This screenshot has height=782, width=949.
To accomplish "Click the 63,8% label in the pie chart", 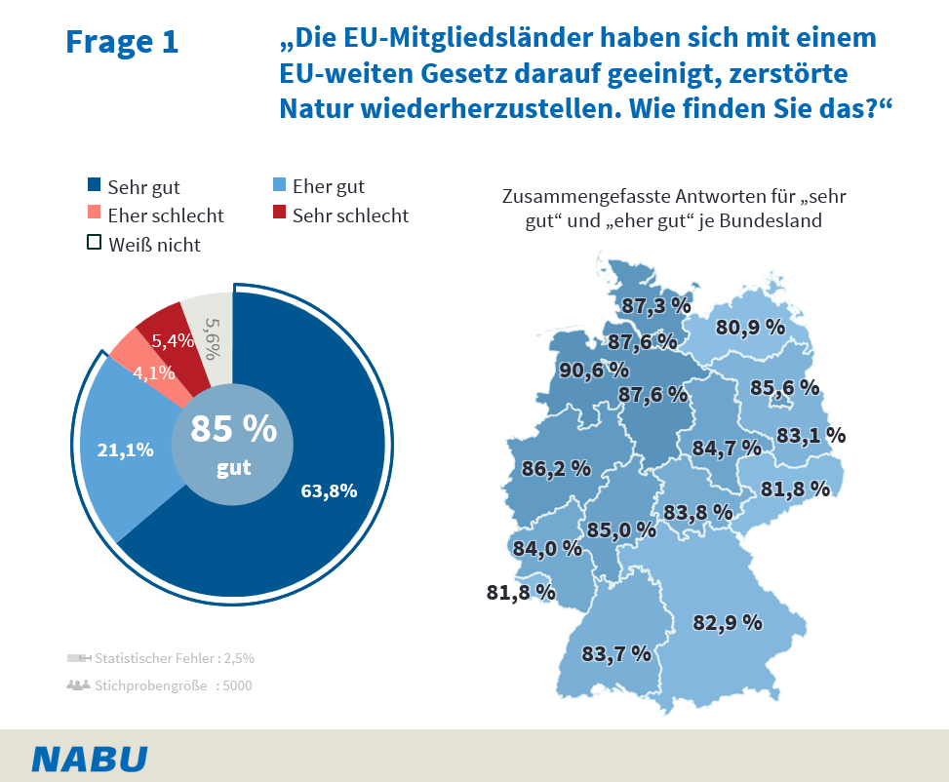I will click(329, 491).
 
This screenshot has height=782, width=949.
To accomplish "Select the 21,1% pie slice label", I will click(126, 450).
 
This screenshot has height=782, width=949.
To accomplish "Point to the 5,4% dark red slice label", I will click(174, 340).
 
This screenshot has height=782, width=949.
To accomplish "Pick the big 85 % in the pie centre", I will click(233, 429).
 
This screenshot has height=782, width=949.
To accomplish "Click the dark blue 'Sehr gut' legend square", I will click(94, 186).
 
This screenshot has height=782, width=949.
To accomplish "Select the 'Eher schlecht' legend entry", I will click(156, 215).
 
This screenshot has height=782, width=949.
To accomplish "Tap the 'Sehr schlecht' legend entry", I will click(340, 215).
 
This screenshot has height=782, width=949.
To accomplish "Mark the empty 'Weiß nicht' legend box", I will click(94, 244).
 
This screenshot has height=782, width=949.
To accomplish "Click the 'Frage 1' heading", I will click(122, 42).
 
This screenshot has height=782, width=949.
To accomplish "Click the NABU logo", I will click(90, 759).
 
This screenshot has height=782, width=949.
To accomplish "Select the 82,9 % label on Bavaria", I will click(727, 622).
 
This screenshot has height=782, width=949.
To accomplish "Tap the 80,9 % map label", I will click(750, 328).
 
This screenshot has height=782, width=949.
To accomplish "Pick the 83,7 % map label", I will click(615, 653).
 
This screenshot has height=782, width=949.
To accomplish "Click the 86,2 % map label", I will click(556, 468).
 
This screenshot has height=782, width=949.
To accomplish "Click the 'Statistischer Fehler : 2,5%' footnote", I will click(161, 658).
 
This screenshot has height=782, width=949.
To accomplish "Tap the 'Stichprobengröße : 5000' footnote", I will click(159, 685).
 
